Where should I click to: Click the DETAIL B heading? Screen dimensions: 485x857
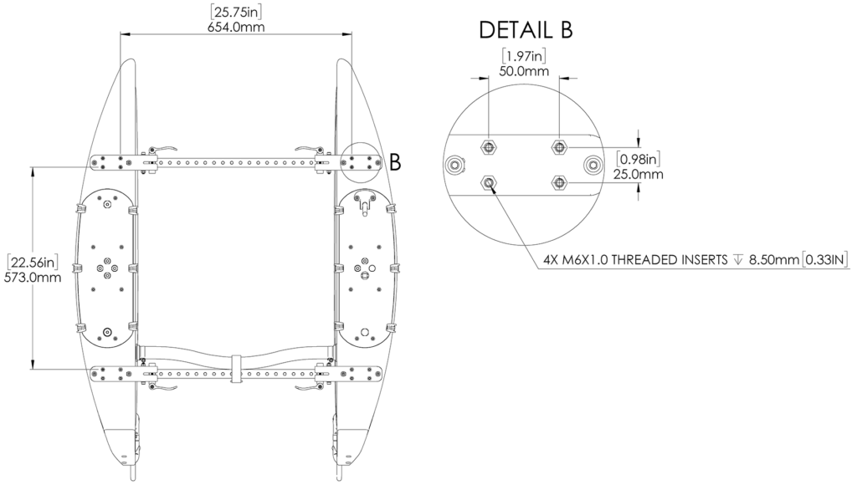[x=526, y=30]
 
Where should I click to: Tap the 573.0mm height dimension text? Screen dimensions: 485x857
[x=33, y=278]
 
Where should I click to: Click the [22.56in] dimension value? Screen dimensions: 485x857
[x=33, y=263]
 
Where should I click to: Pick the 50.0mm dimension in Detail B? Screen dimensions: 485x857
[x=525, y=71]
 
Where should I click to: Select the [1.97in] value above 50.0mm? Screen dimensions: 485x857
[x=525, y=56]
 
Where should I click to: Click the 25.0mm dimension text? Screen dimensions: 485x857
[x=639, y=174]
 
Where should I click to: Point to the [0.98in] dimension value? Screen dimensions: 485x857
[x=639, y=159]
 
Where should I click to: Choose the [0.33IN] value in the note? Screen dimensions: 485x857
[x=825, y=259]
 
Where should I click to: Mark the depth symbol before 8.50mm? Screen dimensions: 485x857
[x=737, y=259]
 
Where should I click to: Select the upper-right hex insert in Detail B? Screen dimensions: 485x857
[x=559, y=147]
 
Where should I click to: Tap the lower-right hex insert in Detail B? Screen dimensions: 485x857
[x=559, y=181]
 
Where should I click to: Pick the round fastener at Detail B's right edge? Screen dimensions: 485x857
[x=593, y=165]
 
